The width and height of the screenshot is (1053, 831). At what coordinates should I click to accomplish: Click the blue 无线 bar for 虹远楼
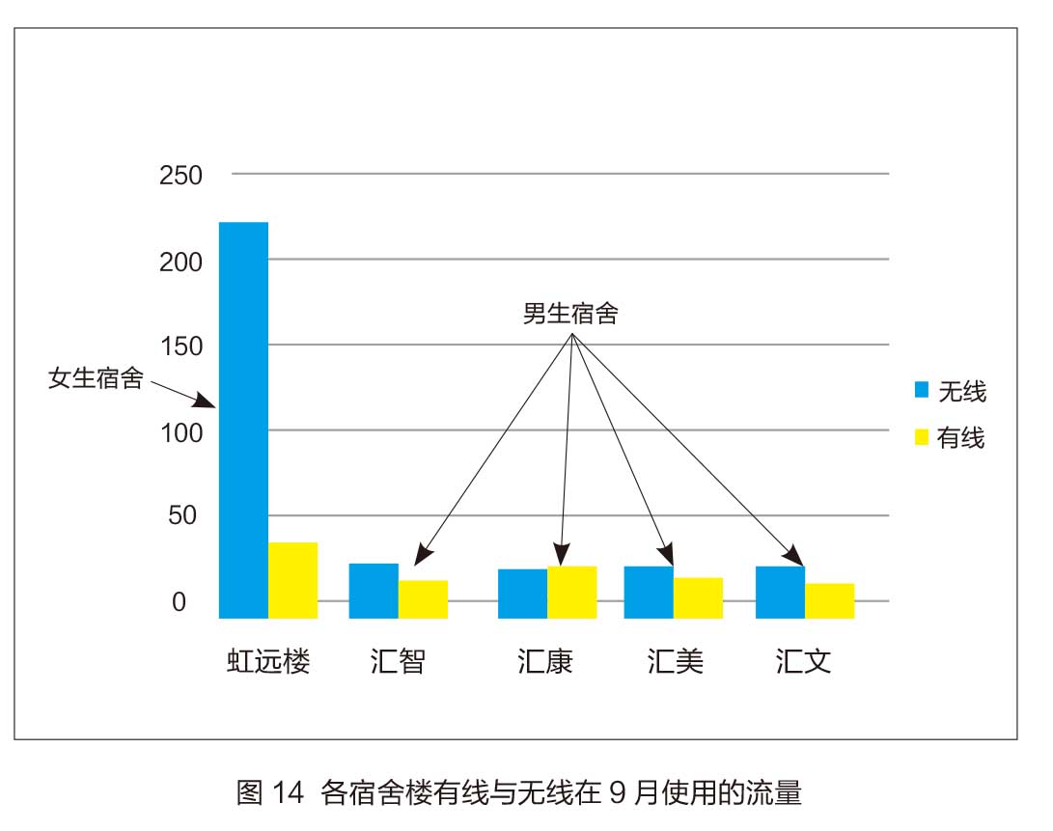click(x=243, y=420)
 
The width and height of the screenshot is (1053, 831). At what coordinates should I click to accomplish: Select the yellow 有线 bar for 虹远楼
click(x=292, y=580)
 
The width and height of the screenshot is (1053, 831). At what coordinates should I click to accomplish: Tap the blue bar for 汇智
click(x=374, y=591)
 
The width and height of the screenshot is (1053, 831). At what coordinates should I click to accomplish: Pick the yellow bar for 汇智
click(x=423, y=598)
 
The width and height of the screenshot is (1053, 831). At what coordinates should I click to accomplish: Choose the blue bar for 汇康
click(x=522, y=594)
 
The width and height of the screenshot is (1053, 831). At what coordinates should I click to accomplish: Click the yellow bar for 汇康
click(x=572, y=592)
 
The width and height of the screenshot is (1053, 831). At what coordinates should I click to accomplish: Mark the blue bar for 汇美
click(x=649, y=592)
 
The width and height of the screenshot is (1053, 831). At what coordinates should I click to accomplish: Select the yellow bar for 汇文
click(x=829, y=600)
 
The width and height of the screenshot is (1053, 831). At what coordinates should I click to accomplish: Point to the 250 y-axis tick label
click(x=180, y=176)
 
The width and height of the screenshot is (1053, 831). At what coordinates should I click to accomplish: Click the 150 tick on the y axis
click(x=180, y=346)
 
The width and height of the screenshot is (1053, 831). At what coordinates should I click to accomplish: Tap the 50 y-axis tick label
click(x=183, y=515)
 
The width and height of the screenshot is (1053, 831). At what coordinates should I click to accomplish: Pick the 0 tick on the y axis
click(x=179, y=601)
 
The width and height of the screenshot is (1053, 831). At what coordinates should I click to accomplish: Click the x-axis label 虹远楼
click(x=268, y=662)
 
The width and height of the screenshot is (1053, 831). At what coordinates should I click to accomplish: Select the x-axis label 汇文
click(x=803, y=662)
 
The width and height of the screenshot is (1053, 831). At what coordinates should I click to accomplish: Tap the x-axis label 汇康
click(x=545, y=662)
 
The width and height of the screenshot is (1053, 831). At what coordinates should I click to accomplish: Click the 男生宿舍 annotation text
click(x=569, y=314)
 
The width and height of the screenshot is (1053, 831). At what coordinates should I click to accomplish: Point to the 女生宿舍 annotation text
click(x=96, y=377)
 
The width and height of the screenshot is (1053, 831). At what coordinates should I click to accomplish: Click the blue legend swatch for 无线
click(x=922, y=390)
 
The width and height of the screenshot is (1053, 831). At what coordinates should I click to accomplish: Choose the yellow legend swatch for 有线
click(x=922, y=437)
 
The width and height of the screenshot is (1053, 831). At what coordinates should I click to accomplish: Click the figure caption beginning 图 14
click(x=519, y=792)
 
